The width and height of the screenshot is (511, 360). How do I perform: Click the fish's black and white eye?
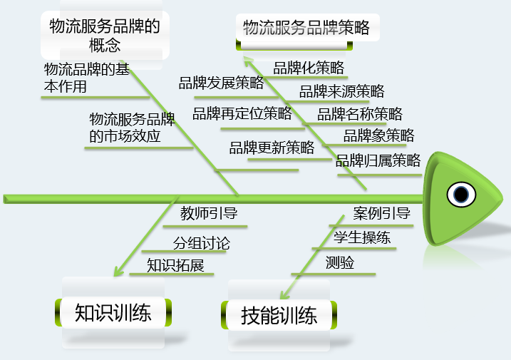pyautogui.click(x=462, y=194)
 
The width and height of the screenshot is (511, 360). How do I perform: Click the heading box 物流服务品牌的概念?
pyautogui.click(x=105, y=36)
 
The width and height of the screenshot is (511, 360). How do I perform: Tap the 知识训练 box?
pyautogui.click(x=113, y=312)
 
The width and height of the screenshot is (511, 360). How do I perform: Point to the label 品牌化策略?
pyautogui.click(x=309, y=68)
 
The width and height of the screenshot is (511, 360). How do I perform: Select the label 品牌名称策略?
pyautogui.click(x=359, y=114)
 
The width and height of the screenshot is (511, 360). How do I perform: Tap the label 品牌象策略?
pyautogui.click(x=378, y=135)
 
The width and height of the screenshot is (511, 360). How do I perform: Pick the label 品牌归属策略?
pyautogui.click(x=378, y=160)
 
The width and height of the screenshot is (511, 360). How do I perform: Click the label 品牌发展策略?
pyautogui.click(x=221, y=83)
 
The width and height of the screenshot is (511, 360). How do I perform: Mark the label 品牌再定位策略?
pyautogui.click(x=242, y=113)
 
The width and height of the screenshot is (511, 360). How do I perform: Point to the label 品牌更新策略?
pyautogui.click(x=272, y=148)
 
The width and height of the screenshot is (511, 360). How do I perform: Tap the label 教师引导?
pyautogui.click(x=209, y=213)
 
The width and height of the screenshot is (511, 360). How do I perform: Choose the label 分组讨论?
pyautogui.click(x=202, y=243)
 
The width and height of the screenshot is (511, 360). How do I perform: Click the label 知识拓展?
pyautogui.click(x=175, y=266)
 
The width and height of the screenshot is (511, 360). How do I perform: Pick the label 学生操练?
pyautogui.click(x=362, y=237)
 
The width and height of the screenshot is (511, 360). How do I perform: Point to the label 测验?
pyautogui.click(x=340, y=262)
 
